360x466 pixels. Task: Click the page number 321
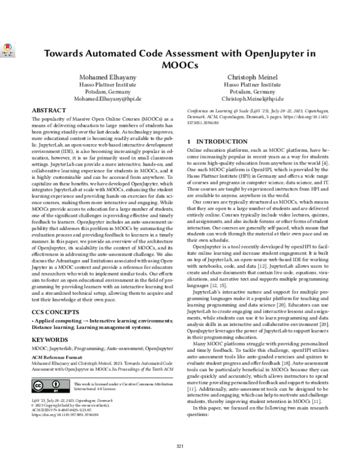[x=179, y=445]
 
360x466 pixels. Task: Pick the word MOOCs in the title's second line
[x=179, y=64]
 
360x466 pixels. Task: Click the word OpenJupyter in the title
[x=260, y=53]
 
